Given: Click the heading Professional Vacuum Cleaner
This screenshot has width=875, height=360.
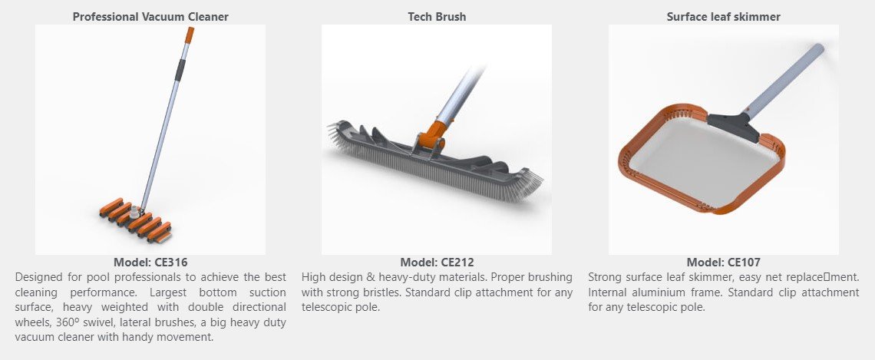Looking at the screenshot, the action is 150,17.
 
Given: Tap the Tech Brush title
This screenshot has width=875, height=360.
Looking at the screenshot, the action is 437,17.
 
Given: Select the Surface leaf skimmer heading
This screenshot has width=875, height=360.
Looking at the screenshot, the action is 724,17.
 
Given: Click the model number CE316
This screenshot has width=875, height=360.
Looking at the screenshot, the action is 150,263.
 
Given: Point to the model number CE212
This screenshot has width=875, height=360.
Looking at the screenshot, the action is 437,263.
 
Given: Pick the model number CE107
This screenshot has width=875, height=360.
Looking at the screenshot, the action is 724,263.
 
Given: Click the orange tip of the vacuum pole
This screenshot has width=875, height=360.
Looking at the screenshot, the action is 190,35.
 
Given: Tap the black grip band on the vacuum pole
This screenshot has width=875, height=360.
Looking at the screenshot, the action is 180,70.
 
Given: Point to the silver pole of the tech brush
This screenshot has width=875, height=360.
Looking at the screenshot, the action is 459,96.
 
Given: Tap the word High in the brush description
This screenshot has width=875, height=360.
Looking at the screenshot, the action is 313,277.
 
